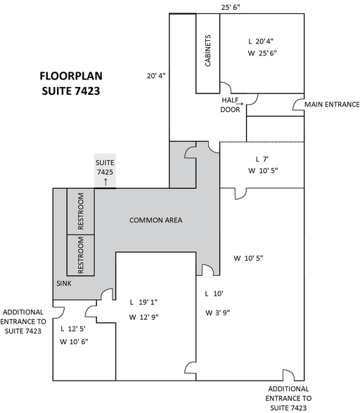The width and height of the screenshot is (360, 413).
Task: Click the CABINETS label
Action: click(x=208, y=51)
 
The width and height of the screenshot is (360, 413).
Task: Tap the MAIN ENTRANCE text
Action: click(x=332, y=105)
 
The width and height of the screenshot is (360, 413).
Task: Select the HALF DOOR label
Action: click(x=230, y=105)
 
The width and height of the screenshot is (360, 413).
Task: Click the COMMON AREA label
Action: click(x=155, y=221)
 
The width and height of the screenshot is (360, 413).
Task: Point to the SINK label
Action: click(x=64, y=284)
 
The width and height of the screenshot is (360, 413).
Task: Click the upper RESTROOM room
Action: click(x=81, y=211)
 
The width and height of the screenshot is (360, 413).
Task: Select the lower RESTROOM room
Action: click(x=81, y=255)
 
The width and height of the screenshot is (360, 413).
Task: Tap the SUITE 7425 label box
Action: click(x=105, y=170)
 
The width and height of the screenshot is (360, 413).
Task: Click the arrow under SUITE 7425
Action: click(x=105, y=182)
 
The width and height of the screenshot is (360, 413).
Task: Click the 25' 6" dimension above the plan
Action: click(x=231, y=7)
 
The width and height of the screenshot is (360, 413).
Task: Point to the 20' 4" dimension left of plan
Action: click(x=156, y=76)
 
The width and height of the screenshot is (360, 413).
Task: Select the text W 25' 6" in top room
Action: click(x=262, y=53)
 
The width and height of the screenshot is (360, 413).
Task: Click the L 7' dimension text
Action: click(x=262, y=159)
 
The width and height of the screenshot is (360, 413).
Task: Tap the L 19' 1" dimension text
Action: click(x=143, y=302)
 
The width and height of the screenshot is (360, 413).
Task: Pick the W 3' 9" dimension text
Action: click(x=217, y=313)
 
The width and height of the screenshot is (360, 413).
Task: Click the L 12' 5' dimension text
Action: click(x=73, y=329)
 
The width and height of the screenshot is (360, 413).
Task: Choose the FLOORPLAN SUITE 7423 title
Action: click(x=71, y=83)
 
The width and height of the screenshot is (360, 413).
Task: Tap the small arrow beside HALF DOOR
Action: click(x=240, y=103)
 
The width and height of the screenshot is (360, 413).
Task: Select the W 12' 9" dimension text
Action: click(x=143, y=317)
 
